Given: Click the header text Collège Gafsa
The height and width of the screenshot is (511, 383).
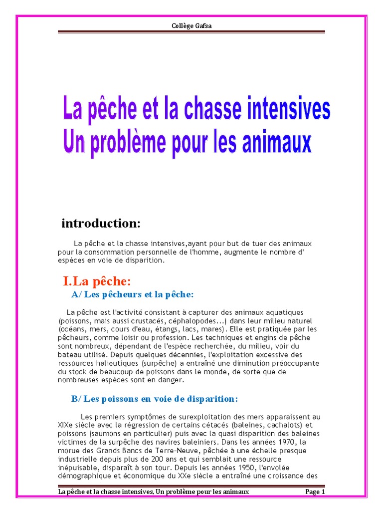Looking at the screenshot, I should click(191, 26).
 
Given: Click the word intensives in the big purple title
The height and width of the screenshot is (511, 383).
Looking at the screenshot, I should click(283, 110).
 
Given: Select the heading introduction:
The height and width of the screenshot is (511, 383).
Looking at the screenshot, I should click(101, 224).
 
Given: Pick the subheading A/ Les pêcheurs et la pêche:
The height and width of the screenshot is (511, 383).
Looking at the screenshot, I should click(132, 294).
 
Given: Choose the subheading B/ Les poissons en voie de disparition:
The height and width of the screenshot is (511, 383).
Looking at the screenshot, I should click(155, 399).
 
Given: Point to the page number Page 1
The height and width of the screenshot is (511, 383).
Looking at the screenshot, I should click(315, 492).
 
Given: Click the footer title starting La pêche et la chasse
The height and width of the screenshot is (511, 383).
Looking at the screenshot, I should click(154, 492).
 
